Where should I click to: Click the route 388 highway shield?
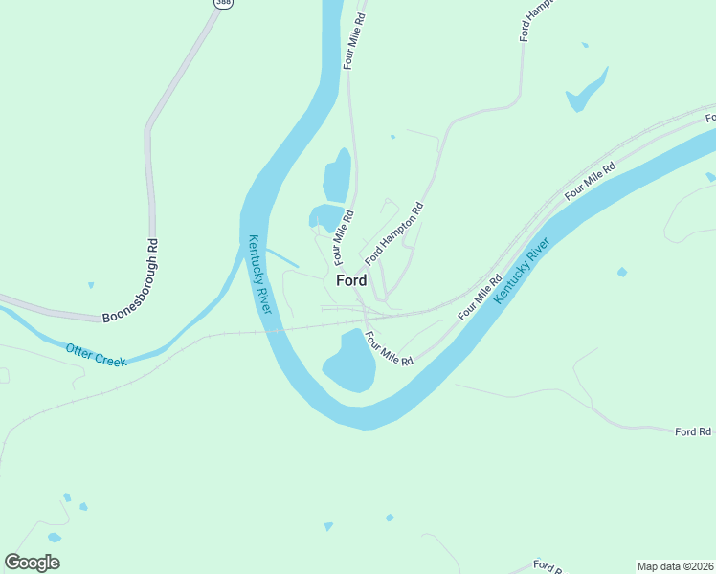click(x=223, y=3)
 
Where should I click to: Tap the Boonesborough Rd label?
click(x=128, y=280)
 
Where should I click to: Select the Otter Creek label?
click(x=97, y=355)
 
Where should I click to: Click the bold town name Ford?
click(x=351, y=281)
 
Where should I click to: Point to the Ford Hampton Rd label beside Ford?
click(x=393, y=233)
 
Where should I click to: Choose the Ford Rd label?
click(x=693, y=432)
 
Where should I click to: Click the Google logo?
click(x=33, y=563)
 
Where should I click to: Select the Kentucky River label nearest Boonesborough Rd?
click(x=260, y=275)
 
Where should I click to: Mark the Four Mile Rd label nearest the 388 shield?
click(x=354, y=40)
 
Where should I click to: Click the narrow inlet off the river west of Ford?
click(x=283, y=257)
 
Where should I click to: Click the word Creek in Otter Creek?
click(x=111, y=359)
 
